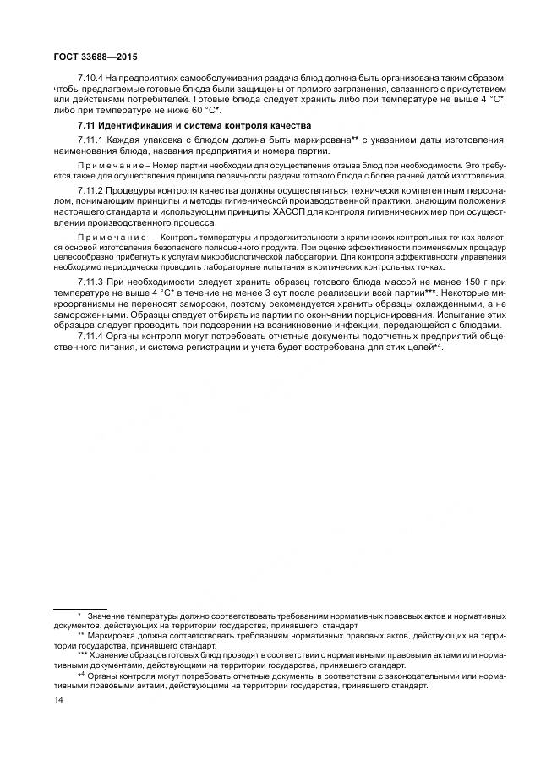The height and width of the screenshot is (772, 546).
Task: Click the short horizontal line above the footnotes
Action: [x=79, y=608]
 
